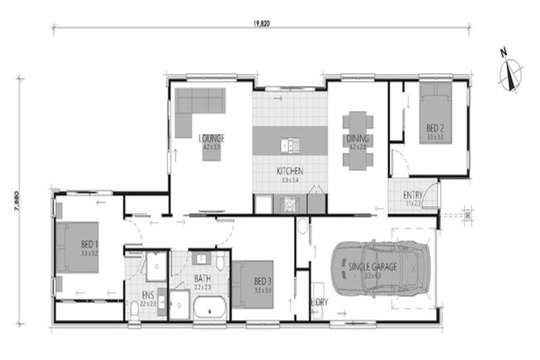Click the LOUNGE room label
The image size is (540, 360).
pyautogui.click(x=211, y=138)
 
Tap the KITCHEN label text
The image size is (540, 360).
pyautogui.click(x=289, y=171)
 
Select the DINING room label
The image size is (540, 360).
pyautogui.click(x=357, y=139)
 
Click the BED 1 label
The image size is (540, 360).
pyautogui.click(x=89, y=245)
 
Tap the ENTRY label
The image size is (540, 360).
pyautogui.click(x=413, y=195)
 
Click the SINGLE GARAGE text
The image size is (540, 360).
pyautogui.click(x=373, y=266)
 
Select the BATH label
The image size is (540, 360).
pyautogui.click(x=202, y=279)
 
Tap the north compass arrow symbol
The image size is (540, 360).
pyautogui.click(x=511, y=73)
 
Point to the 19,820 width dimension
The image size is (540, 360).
pyautogui.click(x=262, y=22)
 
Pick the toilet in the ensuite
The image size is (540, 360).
pyautogui.click(x=134, y=309)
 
